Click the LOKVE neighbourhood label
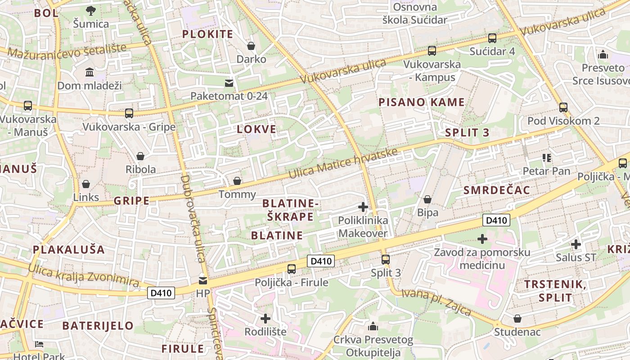(256, 130)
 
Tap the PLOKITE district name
(207, 34)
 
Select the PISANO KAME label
(421, 102)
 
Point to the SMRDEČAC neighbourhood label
(497, 190)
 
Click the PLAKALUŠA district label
(68, 250)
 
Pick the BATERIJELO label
(98, 325)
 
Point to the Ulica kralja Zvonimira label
(84, 275)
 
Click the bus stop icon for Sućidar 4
(492, 38)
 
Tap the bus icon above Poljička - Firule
(292, 269)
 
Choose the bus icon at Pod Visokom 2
(563, 108)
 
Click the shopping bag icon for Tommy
(237, 181)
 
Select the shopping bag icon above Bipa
(427, 199)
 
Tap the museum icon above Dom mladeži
(89, 72)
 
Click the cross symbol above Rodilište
(265, 319)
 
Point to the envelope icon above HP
(203, 281)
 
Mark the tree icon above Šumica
(91, 10)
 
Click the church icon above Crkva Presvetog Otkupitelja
(373, 326)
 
